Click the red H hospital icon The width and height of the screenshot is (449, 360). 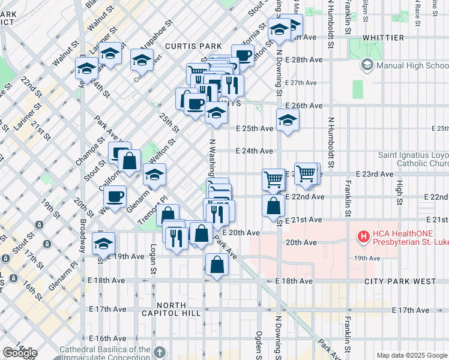[363, 237]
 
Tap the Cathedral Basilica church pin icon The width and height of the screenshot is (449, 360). [159, 352]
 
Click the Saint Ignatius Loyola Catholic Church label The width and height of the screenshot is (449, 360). [413, 159]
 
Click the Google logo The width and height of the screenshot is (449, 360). [20, 352]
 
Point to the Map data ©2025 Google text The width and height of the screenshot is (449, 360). [411, 355]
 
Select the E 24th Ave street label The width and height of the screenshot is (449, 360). [255, 151]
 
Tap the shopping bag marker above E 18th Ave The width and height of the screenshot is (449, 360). [217, 264]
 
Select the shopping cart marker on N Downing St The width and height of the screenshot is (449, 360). [273, 178]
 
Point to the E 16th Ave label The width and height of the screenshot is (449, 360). [108, 339]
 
